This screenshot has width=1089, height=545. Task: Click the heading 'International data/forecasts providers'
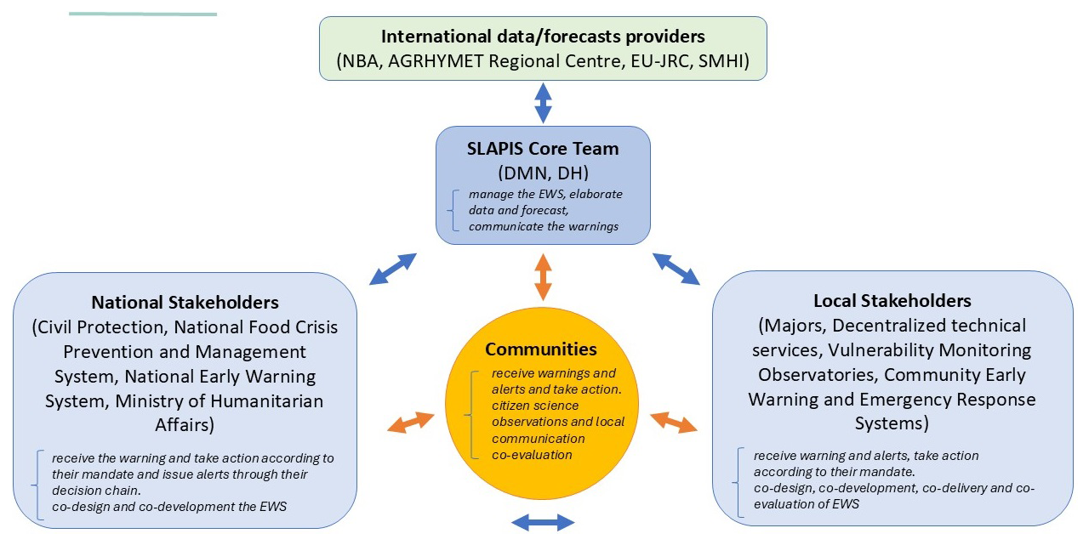point(543,37)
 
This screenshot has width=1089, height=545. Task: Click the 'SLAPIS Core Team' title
point(543,149)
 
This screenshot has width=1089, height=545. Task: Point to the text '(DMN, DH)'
point(543,173)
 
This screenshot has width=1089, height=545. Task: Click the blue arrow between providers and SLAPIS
point(543,103)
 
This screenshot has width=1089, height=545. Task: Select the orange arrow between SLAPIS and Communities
point(543,277)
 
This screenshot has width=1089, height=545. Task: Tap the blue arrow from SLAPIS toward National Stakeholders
point(393,269)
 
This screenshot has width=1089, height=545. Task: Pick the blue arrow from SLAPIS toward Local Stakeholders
point(676,269)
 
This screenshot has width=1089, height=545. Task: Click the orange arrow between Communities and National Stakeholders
point(411,422)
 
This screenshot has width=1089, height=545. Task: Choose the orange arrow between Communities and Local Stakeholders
point(674,422)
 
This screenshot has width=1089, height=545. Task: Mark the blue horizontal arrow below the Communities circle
point(543,523)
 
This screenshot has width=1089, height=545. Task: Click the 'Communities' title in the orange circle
point(541,349)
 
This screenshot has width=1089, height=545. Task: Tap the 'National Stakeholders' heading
point(185,303)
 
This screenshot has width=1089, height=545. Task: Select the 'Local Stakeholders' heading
point(892,301)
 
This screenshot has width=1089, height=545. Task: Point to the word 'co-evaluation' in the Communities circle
point(532,455)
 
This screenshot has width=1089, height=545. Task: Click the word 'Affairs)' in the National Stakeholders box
point(185,425)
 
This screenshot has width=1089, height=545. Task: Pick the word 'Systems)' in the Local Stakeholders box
point(892,423)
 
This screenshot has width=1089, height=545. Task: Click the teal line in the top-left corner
point(143,14)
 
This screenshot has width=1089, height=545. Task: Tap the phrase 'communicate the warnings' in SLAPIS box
point(544,227)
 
